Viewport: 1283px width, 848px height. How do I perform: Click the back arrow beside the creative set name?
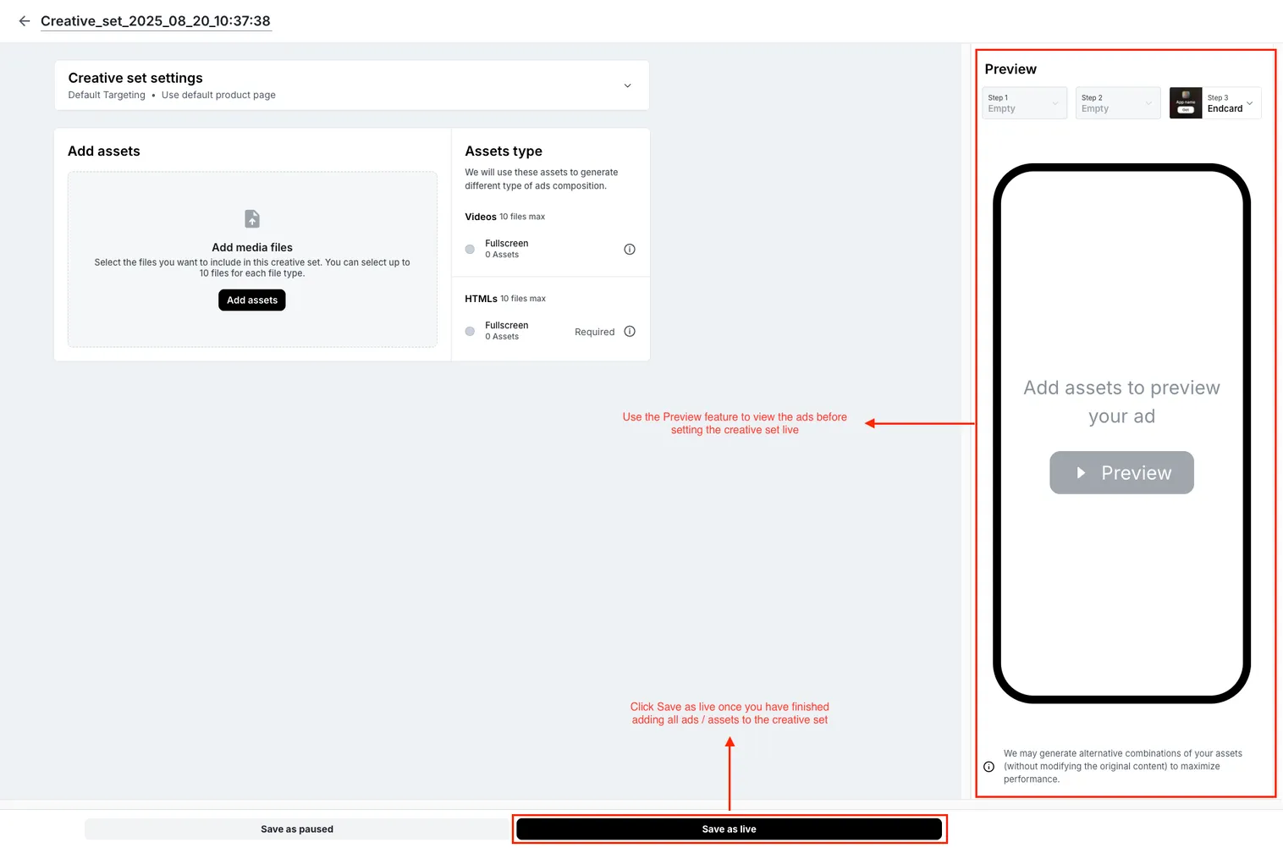[25, 21]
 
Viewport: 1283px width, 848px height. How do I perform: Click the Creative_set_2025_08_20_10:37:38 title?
[156, 21]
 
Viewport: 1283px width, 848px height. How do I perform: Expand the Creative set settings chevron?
[627, 85]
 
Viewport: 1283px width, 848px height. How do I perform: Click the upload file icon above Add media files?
[252, 219]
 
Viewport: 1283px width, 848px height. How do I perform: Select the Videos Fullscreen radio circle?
[470, 250]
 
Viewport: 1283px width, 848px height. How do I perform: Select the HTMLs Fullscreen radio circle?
[470, 332]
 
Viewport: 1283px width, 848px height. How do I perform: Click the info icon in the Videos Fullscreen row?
[630, 250]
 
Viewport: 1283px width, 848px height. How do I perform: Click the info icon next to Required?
[630, 332]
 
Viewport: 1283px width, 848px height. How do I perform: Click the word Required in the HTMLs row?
[594, 333]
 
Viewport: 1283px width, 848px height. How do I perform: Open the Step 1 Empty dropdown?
[1024, 103]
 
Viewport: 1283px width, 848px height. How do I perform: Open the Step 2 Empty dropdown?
[1117, 103]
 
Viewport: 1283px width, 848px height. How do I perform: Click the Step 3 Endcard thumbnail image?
[1186, 103]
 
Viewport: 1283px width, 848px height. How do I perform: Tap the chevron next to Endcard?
[1250, 103]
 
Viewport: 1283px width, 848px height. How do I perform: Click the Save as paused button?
[297, 829]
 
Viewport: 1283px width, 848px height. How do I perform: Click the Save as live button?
[729, 829]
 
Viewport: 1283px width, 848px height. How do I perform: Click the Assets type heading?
[504, 151]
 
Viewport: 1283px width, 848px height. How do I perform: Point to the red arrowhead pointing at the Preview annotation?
[870, 423]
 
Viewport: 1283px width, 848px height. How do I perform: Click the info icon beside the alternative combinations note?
[988, 767]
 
